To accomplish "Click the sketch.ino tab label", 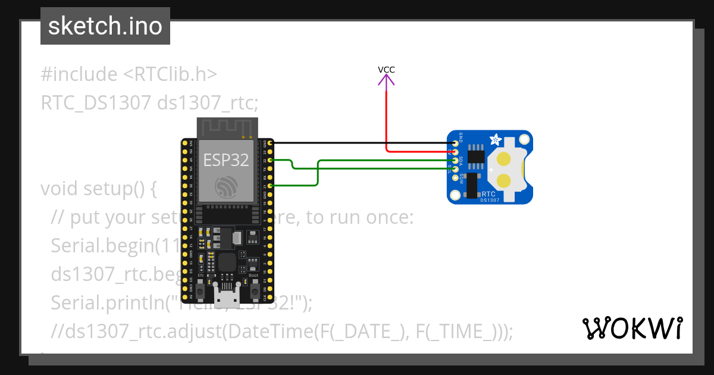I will [x=105, y=26].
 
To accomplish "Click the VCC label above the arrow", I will [x=386, y=70].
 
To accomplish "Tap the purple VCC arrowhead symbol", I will [x=386, y=80].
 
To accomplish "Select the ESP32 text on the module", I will [x=226, y=160].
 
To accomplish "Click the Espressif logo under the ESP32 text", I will [x=226, y=187].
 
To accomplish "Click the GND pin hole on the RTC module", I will [x=456, y=143].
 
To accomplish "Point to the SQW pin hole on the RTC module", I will [x=456, y=179].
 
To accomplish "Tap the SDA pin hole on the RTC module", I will [x=456, y=161].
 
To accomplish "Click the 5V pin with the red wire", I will [x=456, y=152].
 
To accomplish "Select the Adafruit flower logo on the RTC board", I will [x=494, y=140].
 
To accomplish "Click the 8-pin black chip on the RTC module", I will [x=475, y=156].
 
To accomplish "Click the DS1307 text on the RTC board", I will [x=490, y=201].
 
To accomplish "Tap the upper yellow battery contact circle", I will [x=504, y=159].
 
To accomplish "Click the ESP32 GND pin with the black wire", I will [x=271, y=143].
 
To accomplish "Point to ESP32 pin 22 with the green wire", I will [x=271, y=160].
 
